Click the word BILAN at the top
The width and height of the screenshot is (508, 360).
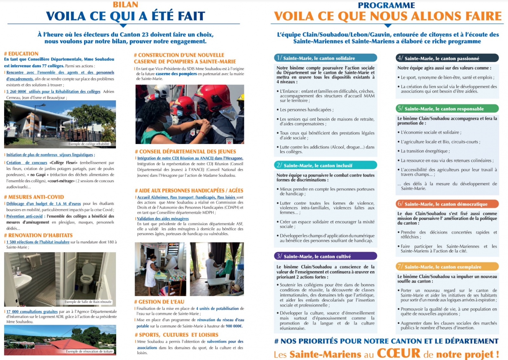click(125, 5)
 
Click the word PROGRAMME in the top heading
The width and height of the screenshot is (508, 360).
click(386, 5)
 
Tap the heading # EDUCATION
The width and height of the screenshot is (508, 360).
click(21, 54)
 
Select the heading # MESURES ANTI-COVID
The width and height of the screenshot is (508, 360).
click(34, 197)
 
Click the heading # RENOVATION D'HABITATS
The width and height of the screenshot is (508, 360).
click(38, 235)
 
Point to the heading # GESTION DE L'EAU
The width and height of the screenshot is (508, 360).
click(159, 302)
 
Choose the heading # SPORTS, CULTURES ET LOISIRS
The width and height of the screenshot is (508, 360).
click(177, 335)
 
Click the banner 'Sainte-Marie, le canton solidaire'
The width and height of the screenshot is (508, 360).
click(325, 58)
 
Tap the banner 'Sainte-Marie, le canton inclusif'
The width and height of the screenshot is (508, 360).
click(325, 165)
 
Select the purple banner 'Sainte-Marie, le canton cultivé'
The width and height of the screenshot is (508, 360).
click(325, 256)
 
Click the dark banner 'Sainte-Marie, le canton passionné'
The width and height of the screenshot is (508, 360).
click(447, 58)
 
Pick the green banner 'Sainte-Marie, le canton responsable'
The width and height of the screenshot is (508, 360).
click(447, 109)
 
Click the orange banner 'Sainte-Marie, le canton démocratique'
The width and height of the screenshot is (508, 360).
click(447, 204)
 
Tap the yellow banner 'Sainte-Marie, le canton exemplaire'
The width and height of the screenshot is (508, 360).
click(447, 267)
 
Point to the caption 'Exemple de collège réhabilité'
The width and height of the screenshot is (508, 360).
click(89, 144)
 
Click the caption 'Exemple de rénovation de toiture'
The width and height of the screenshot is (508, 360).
click(90, 351)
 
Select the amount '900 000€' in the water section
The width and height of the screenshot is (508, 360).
click(234, 326)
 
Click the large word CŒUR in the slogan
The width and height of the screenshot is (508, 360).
click(398, 353)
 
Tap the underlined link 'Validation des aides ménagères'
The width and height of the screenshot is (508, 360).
click(163, 219)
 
